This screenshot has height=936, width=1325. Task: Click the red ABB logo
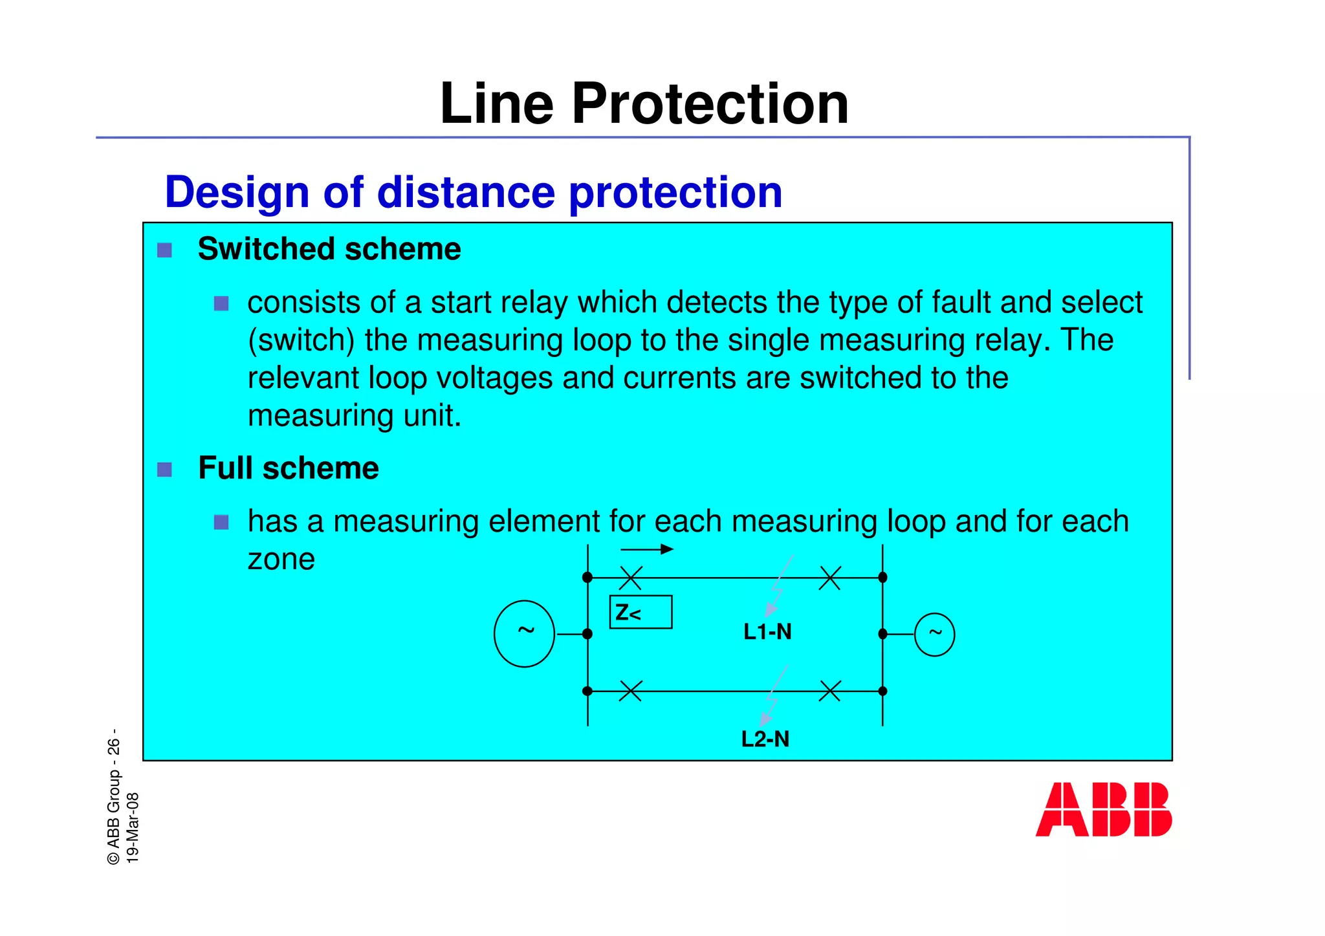tap(1103, 809)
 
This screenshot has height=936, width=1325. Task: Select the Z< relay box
tap(641, 612)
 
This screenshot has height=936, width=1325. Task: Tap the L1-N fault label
tap(767, 631)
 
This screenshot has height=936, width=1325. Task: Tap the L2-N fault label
tap(765, 739)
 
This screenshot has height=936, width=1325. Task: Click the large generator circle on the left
tap(524, 634)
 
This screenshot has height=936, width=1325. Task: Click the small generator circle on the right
tap(934, 634)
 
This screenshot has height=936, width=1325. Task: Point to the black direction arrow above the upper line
tap(647, 550)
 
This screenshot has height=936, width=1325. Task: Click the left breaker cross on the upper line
tap(631, 578)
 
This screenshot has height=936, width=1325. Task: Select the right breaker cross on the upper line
tap(829, 578)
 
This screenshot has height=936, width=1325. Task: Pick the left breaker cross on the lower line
tap(630, 691)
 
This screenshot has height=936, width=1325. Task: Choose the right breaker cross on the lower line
tap(829, 691)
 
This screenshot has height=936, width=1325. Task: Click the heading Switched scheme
tap(329, 249)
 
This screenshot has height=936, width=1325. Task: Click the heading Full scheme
tap(289, 468)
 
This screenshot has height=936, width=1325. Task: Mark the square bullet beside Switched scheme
tap(165, 250)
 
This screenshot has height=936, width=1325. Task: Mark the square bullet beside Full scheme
tap(165, 469)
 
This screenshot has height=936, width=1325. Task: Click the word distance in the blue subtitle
tap(466, 192)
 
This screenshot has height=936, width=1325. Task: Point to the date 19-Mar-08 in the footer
tap(133, 828)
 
